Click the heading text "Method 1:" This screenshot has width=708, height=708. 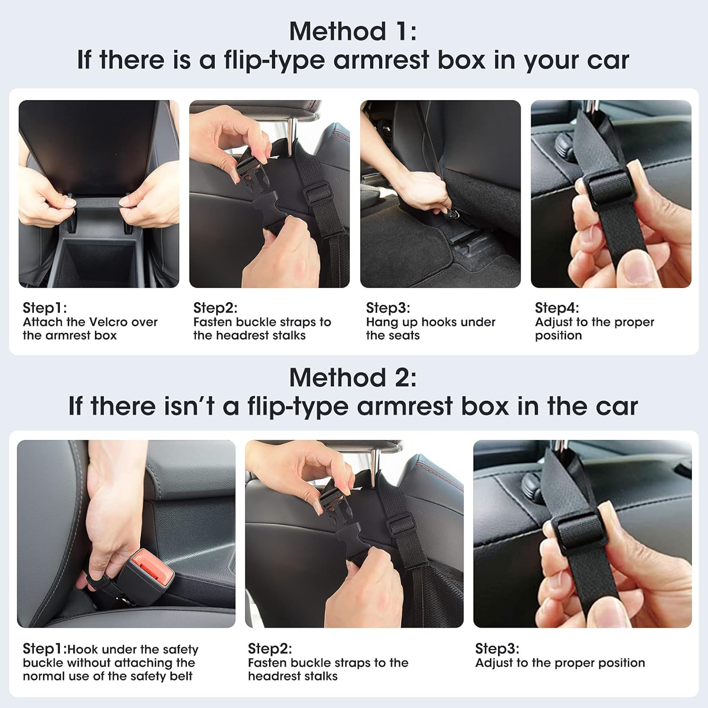coord(353,32)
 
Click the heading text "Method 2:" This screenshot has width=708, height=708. coord(353,378)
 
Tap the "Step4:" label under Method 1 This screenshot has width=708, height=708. coord(556,308)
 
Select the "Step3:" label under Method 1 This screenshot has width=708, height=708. coord(388,308)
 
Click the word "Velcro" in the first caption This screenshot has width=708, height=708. coord(108,322)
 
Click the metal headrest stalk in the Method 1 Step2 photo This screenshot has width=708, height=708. coord(292,130)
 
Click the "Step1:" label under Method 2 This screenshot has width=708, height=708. coord(44,649)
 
